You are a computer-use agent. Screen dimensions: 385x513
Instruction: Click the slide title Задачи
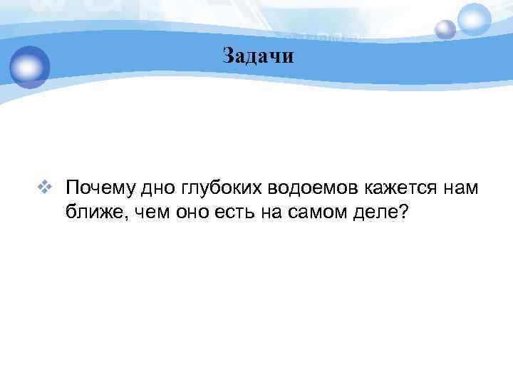tap(257, 56)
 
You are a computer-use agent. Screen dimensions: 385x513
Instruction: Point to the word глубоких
tap(219, 189)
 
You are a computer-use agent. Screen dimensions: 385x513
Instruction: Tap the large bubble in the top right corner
tap(475, 19)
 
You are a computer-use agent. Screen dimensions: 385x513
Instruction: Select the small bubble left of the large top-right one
tap(445, 30)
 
